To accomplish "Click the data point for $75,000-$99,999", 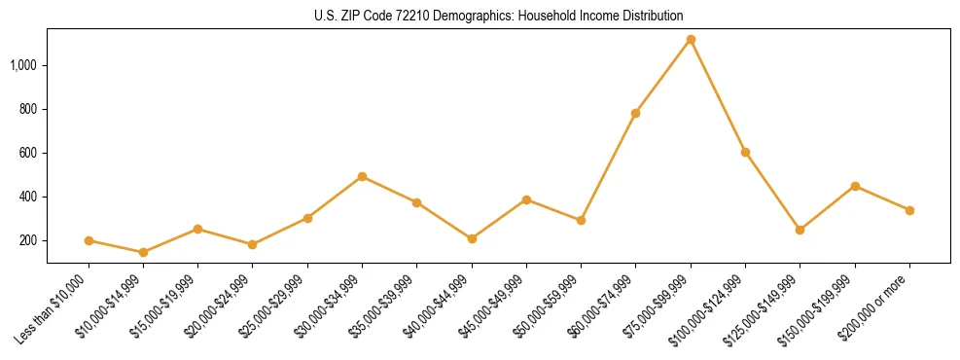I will click(x=691, y=40).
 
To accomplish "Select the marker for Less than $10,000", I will click(x=89, y=240).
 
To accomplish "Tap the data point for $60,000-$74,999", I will click(x=635, y=113).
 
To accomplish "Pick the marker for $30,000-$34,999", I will click(x=362, y=177).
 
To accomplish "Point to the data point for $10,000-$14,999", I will click(x=143, y=252).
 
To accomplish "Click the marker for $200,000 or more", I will click(x=909, y=210).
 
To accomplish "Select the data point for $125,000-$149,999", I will click(x=800, y=230).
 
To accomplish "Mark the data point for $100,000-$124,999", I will click(x=745, y=152).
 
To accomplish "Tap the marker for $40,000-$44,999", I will click(x=472, y=238).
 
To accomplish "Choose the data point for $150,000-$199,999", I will click(x=855, y=186).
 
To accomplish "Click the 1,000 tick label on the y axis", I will click(x=24, y=65).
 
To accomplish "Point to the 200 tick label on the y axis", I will click(x=29, y=240).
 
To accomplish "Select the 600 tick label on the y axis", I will click(x=29, y=153).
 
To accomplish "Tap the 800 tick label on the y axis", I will click(x=29, y=109).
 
